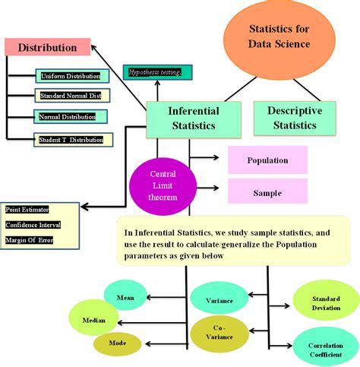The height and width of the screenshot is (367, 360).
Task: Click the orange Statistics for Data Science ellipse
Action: point(279,37)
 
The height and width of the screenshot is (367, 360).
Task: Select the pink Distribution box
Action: point(47,47)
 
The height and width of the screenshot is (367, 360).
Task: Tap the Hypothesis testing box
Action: point(157,73)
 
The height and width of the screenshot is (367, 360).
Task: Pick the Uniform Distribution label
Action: point(70,76)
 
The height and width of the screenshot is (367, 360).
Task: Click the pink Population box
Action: point(267,160)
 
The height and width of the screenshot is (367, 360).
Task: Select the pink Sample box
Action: point(267,192)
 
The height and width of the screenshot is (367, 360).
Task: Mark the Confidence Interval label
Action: point(33,225)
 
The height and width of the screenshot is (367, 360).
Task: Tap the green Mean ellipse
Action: point(125,298)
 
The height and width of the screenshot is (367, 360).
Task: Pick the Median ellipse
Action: point(94,321)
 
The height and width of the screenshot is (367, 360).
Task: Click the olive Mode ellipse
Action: point(118,343)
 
